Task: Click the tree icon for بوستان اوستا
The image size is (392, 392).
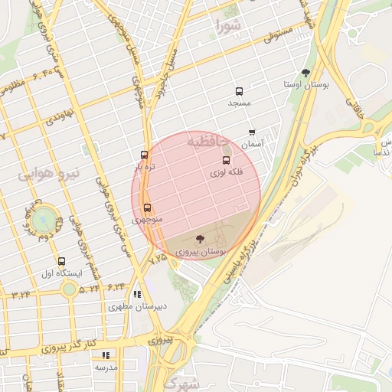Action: click(306, 73)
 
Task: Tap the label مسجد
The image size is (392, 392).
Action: click(238, 102)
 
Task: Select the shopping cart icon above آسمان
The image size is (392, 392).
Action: click(252, 132)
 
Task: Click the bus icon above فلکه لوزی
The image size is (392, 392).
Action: click(226, 161)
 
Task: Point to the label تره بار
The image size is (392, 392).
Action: click(145, 166)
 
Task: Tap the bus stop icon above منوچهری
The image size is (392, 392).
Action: click(147, 207)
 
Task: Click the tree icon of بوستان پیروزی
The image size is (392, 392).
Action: click(200, 239)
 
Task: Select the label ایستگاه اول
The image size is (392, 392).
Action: click(61, 273)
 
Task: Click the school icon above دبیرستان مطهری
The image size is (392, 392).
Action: click(137, 294)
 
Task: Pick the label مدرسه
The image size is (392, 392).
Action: click(106, 367)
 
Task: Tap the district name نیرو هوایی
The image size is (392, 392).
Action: click(47, 175)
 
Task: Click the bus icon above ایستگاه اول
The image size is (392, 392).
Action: click(61, 261)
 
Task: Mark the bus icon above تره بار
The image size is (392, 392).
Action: click(145, 155)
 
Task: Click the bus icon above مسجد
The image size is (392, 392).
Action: click(239, 90)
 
